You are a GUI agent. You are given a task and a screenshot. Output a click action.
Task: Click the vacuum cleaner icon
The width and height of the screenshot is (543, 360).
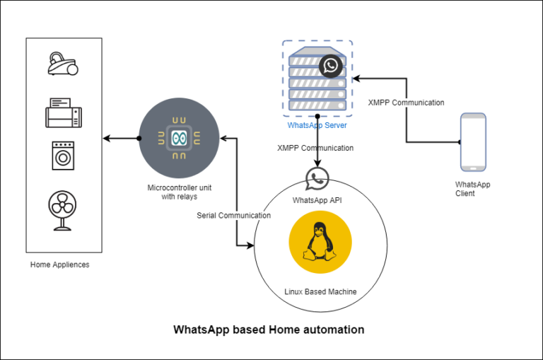[63, 64]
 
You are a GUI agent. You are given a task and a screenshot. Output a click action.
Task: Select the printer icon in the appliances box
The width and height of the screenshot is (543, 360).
[64, 113]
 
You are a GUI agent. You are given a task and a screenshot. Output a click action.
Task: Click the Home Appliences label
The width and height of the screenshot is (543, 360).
[60, 265]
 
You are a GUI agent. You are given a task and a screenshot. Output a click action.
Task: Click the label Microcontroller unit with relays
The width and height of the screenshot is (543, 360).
[178, 192]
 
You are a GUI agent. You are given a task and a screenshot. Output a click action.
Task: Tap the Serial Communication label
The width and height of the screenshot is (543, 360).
[233, 215]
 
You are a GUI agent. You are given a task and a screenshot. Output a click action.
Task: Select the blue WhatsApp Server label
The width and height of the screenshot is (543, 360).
[317, 125]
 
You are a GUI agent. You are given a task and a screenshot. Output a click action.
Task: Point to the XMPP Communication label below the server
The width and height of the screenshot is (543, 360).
[316, 149]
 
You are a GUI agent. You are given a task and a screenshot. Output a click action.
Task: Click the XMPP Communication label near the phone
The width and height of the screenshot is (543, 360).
[406, 103]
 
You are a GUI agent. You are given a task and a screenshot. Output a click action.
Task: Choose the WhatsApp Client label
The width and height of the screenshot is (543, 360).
[472, 189]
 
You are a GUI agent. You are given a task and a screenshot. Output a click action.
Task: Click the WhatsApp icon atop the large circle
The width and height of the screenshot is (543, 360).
[317, 180]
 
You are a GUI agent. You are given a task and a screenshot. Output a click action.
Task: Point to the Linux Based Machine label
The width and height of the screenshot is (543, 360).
[320, 291]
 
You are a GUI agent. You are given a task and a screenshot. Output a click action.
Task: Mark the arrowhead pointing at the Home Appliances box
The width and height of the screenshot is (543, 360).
[107, 137]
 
